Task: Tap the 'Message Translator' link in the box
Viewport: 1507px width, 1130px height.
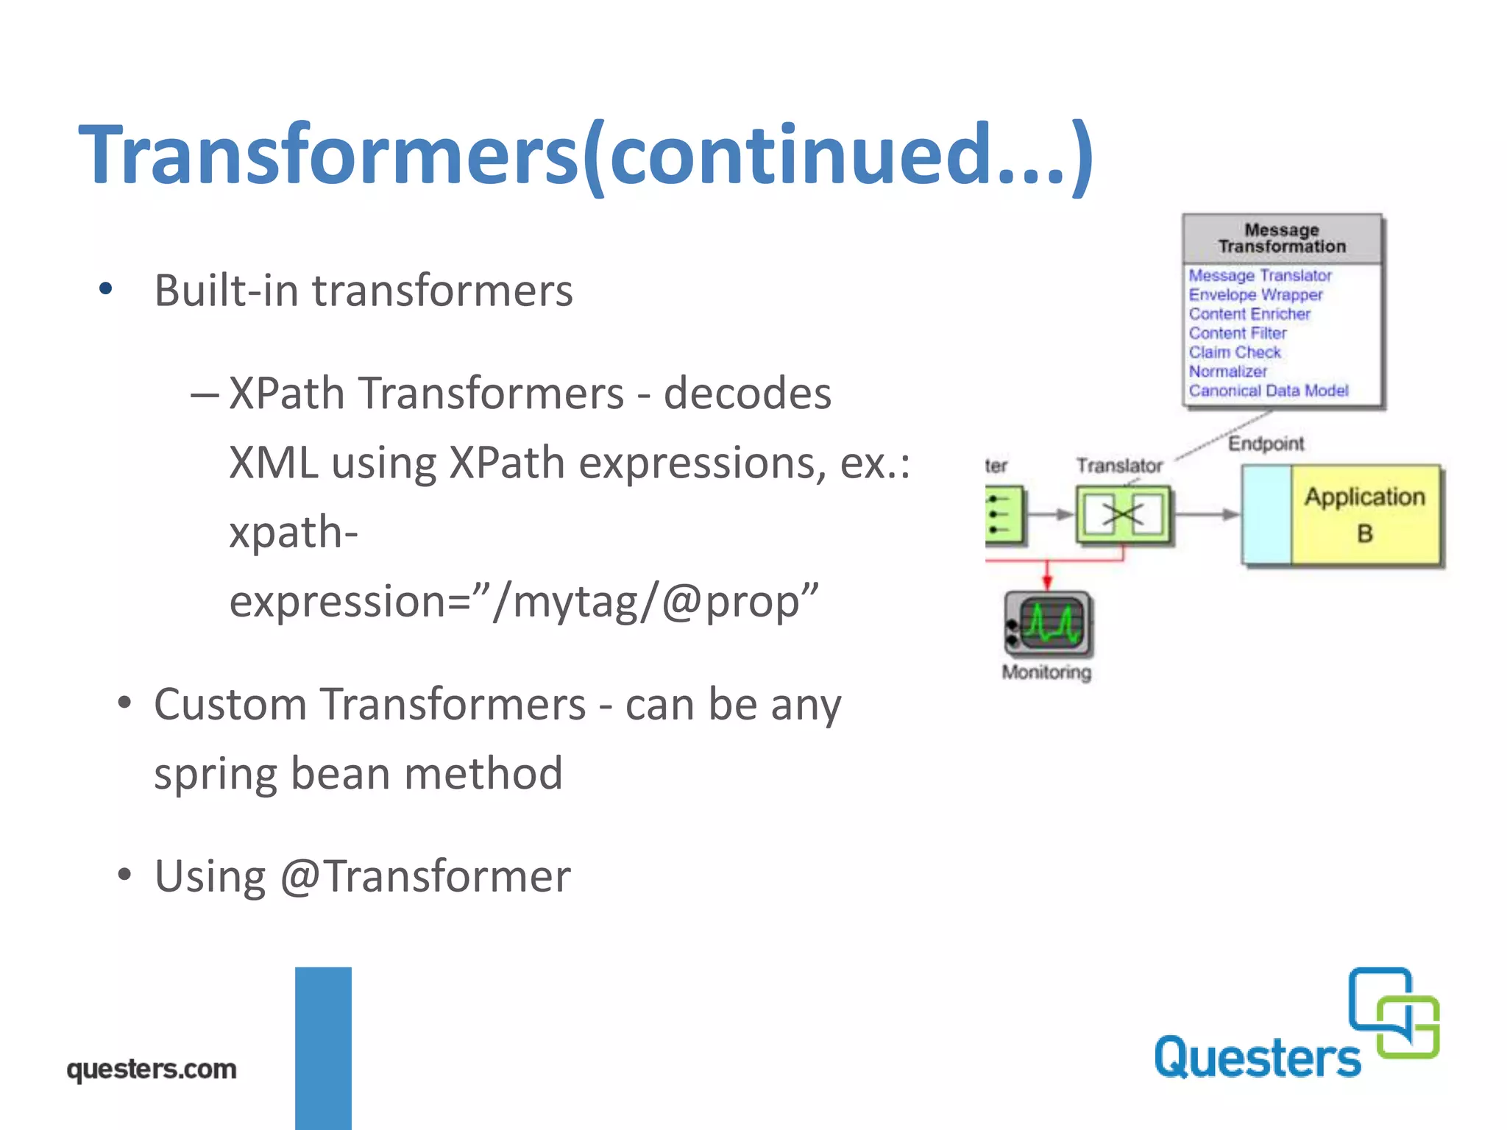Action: (x=1260, y=275)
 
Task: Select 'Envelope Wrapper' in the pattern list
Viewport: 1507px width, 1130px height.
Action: (x=1255, y=294)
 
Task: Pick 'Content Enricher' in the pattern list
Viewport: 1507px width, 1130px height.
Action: (x=1249, y=314)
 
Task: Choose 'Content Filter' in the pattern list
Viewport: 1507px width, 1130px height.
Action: (x=1238, y=333)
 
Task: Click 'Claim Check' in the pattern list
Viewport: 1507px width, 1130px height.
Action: (x=1235, y=352)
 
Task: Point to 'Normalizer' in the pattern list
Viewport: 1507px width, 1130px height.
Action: (x=1227, y=372)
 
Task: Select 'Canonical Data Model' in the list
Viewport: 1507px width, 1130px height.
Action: (x=1269, y=391)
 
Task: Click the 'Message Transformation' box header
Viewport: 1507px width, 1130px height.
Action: (x=1282, y=238)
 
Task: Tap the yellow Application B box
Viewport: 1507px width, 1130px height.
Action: (x=1365, y=515)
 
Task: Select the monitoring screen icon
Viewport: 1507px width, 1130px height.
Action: (x=1049, y=624)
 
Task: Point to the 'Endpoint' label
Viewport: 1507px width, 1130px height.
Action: (x=1266, y=444)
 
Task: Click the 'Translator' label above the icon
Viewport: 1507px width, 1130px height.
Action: (x=1119, y=466)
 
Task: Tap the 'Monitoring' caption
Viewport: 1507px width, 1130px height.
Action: (x=1046, y=672)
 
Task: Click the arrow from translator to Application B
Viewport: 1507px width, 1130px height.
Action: (x=1207, y=515)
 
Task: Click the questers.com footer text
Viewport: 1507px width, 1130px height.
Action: (x=152, y=1069)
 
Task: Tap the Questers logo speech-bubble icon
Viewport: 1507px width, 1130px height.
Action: (x=1394, y=1013)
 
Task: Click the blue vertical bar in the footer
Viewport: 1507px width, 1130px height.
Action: (x=323, y=1048)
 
